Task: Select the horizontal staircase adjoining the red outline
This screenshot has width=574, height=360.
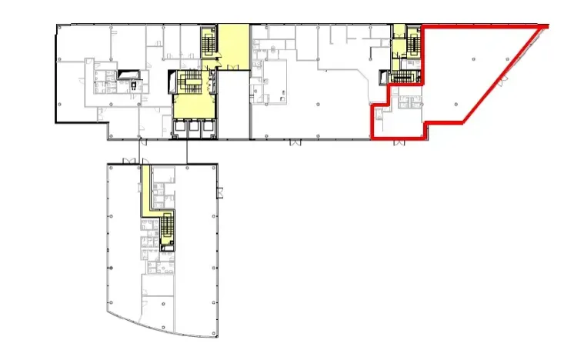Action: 405,76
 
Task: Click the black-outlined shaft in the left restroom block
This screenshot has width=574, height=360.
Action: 125,74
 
